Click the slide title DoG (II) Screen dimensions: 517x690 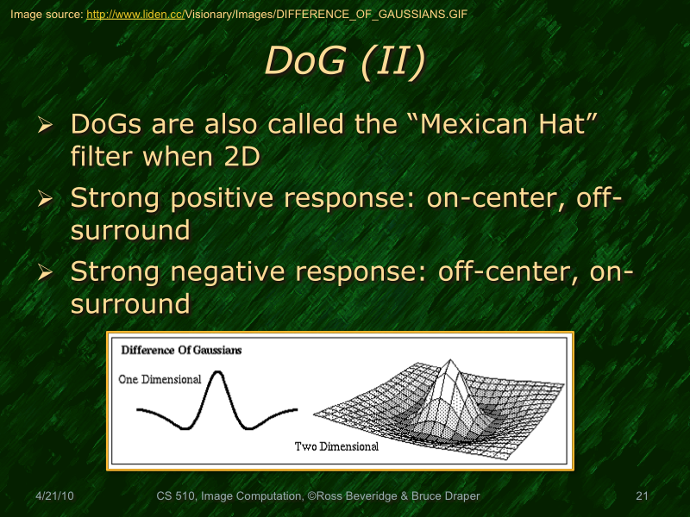coord(344,62)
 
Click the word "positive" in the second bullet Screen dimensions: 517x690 coord(245,199)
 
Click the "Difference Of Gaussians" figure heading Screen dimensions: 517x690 coord(181,350)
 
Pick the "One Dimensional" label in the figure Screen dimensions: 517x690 coord(160,379)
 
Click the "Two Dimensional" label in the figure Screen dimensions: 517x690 coord(336,446)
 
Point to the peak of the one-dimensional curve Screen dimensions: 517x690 coord(216,372)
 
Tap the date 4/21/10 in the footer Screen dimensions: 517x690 coord(53,496)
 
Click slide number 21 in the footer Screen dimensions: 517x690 coord(641,496)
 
